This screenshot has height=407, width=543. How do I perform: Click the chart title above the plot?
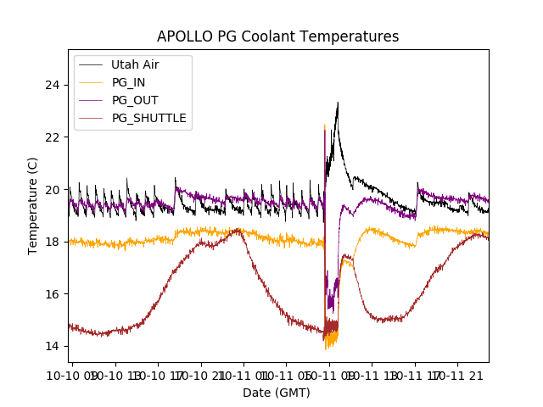tap(277, 36)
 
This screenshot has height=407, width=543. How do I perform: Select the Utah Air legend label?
tap(134, 64)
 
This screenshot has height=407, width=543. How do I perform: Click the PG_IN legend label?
tap(129, 82)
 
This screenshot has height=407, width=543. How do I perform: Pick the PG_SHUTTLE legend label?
tap(148, 118)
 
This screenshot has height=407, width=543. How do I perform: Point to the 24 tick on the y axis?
tap(53, 85)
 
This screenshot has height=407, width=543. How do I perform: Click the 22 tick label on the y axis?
tap(53, 137)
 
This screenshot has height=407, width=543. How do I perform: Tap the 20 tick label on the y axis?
tap(53, 189)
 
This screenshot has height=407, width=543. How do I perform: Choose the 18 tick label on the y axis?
tap(53, 242)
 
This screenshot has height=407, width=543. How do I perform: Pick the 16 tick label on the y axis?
tap(53, 294)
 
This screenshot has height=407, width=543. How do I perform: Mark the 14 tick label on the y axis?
tap(53, 346)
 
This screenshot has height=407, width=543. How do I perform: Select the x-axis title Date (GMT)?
tap(277, 393)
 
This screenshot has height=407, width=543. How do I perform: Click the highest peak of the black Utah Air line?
tap(338, 103)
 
